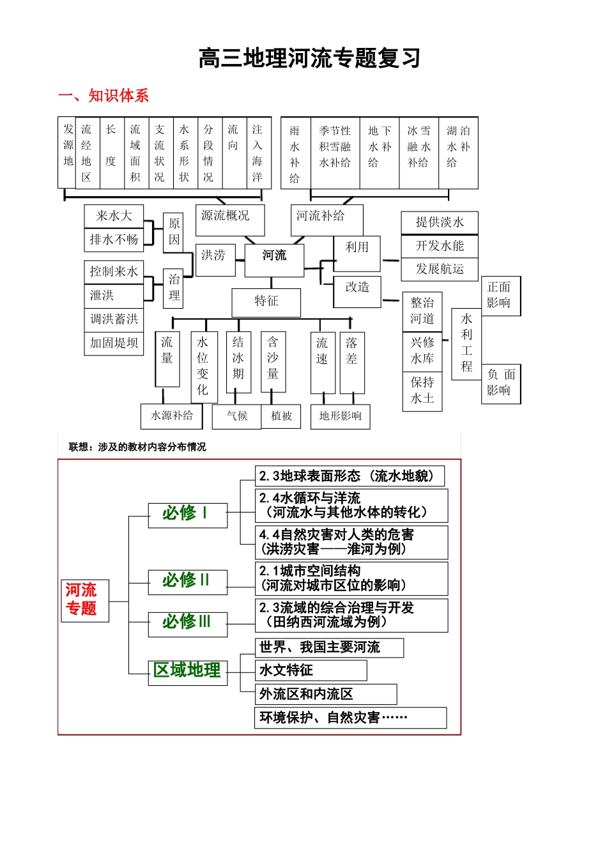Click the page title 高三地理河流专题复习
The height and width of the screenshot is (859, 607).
click(x=309, y=58)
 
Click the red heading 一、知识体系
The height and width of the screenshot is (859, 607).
click(x=104, y=96)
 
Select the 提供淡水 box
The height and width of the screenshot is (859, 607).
click(x=440, y=222)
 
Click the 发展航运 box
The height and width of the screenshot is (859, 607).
click(x=440, y=269)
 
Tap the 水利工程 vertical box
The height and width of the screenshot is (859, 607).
click(x=466, y=343)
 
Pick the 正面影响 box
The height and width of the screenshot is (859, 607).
click(x=500, y=295)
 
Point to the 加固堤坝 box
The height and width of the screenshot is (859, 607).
click(x=114, y=343)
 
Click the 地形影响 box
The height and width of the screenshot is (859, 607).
click(x=340, y=416)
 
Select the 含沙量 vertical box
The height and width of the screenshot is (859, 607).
click(x=273, y=361)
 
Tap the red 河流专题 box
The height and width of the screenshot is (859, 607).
click(x=81, y=600)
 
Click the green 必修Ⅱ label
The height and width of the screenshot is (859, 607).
click(x=187, y=581)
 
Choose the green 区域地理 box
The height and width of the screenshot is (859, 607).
click(x=187, y=671)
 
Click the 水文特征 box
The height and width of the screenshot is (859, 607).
click(x=311, y=670)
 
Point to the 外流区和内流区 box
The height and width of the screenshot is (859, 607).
click(x=325, y=694)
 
